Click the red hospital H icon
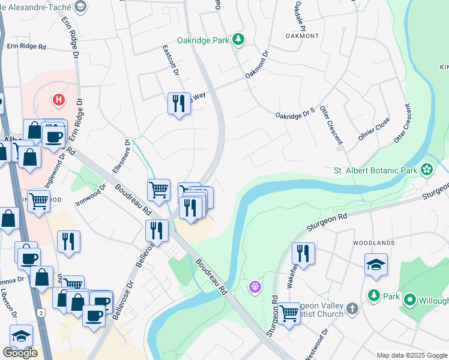click(58, 99)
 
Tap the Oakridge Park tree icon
click(239, 40)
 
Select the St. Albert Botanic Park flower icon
click(427, 170)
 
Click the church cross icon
click(352, 308)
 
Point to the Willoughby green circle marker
click(411, 299)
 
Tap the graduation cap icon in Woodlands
click(376, 265)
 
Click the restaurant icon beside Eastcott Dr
click(178, 104)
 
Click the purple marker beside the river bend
click(255, 288)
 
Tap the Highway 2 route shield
click(41, 313)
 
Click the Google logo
click(20, 353)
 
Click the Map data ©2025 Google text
click(411, 355)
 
